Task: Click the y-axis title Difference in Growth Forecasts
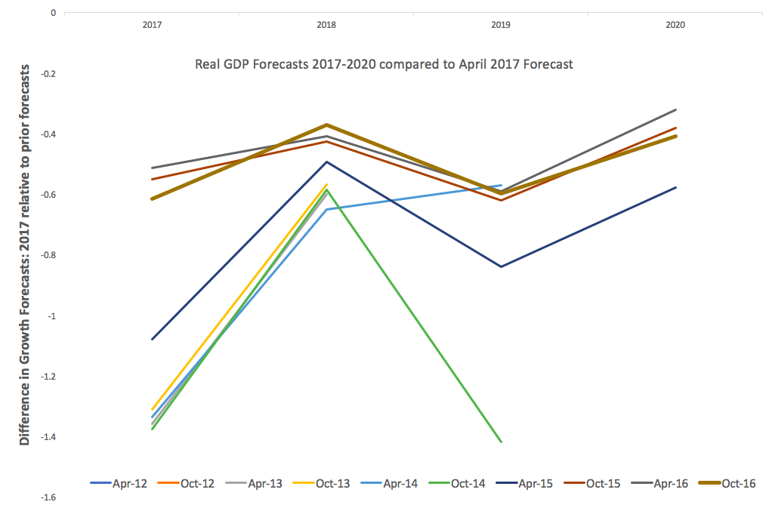pyautogui.click(x=25, y=254)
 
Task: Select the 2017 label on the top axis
pyautogui.click(x=152, y=25)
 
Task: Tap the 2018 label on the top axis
pyautogui.click(x=326, y=25)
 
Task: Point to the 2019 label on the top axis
pyautogui.click(x=501, y=25)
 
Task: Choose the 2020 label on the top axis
pyautogui.click(x=675, y=25)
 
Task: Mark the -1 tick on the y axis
pyautogui.click(x=51, y=316)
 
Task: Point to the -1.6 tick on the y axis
pyautogui.click(x=48, y=497)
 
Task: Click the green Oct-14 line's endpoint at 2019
pyautogui.click(x=501, y=442)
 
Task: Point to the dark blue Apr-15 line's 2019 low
pyautogui.click(x=501, y=266)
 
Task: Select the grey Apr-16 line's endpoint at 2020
pyautogui.click(x=675, y=110)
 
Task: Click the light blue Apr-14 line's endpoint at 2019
pyautogui.click(x=501, y=185)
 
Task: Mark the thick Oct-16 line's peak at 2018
pyautogui.click(x=326, y=125)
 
